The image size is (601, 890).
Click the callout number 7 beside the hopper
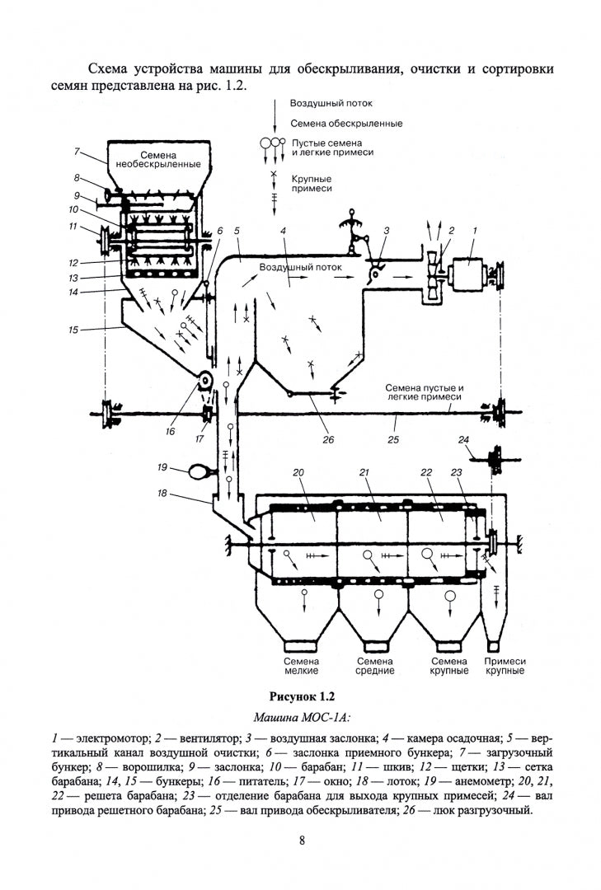pyautogui.click(x=76, y=152)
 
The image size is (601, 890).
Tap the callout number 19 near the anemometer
pyautogui.click(x=163, y=467)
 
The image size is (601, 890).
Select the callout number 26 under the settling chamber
pyautogui.click(x=328, y=439)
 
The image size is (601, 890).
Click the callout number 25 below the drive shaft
pyautogui.click(x=394, y=440)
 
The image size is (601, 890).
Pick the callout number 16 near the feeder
pyautogui.click(x=170, y=430)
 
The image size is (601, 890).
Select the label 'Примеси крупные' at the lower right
pyautogui.click(x=505, y=666)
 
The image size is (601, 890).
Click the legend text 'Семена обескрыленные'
pyautogui.click(x=346, y=124)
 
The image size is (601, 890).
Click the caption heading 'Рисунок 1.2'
pyautogui.click(x=300, y=696)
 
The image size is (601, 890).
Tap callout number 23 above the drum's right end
pyautogui.click(x=457, y=472)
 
